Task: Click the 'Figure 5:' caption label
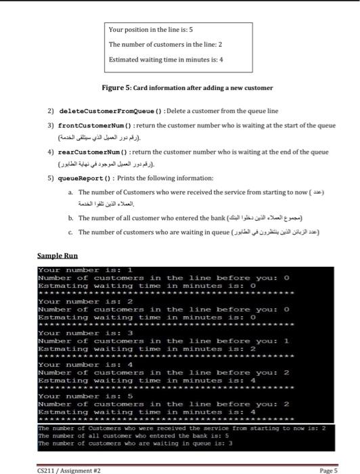[x=116, y=88]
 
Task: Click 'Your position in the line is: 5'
[x=152, y=30]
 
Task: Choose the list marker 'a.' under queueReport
[x=72, y=194]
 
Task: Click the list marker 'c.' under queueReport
[x=72, y=232]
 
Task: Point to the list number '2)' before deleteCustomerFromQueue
[x=51, y=110]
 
